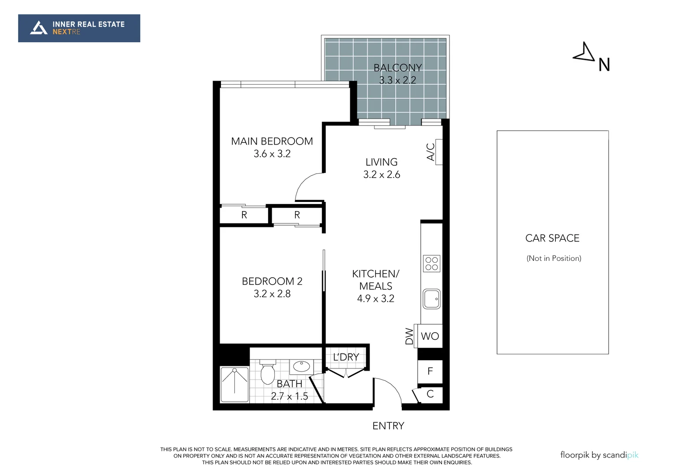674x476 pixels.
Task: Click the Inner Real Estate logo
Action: click(79, 28)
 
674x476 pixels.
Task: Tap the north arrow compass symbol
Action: click(584, 52)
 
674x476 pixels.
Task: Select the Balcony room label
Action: click(397, 68)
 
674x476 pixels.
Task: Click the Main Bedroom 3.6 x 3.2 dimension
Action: click(272, 154)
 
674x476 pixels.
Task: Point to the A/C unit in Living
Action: click(438, 152)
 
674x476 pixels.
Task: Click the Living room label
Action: click(381, 162)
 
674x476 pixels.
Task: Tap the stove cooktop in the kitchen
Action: click(431, 264)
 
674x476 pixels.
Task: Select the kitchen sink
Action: click(431, 299)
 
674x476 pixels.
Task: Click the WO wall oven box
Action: click(430, 336)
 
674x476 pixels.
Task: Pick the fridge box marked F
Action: click(430, 372)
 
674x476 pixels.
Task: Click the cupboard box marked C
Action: click(430, 394)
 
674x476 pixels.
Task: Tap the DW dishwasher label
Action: click(409, 336)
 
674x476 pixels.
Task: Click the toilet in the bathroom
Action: click(268, 372)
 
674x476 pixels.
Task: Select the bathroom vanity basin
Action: click(302, 366)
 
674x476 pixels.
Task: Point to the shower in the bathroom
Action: click(234, 384)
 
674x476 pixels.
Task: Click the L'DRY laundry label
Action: click(346, 357)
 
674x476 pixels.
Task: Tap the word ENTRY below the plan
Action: click(388, 426)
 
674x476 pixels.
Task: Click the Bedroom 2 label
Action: click(272, 281)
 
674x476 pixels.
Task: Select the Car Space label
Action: click(552, 238)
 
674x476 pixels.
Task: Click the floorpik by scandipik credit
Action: click(599, 455)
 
